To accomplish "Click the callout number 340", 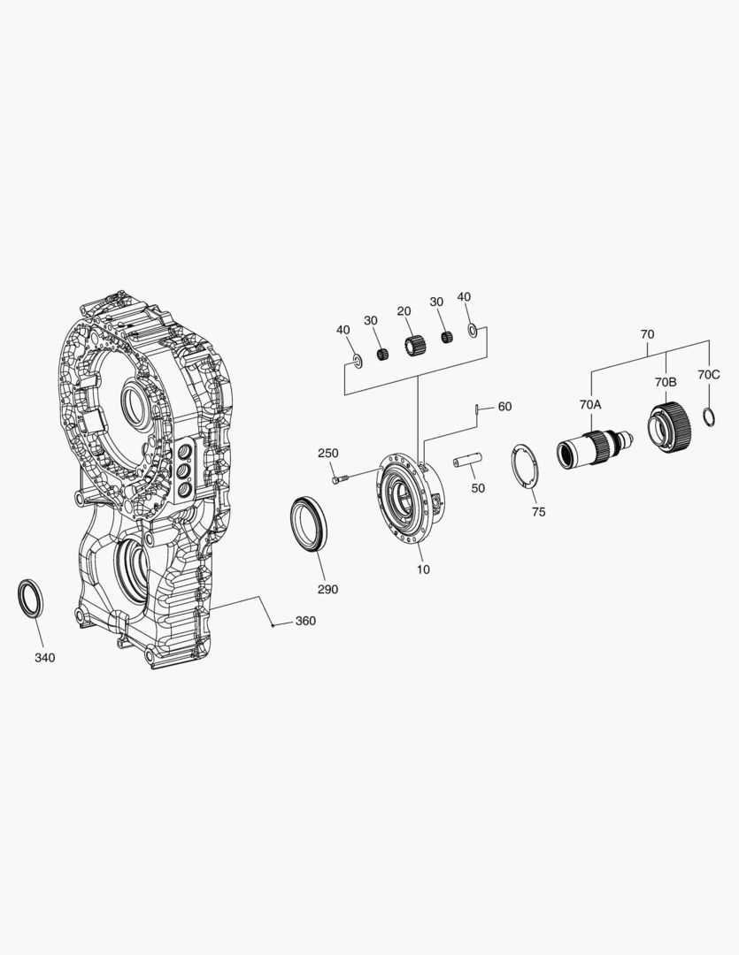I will [x=44, y=658].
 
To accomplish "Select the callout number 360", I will [x=304, y=621].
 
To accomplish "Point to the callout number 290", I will [x=327, y=589].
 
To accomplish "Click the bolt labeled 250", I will [x=341, y=478].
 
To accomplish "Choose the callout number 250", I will [x=327, y=453].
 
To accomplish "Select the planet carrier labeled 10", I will [x=410, y=500].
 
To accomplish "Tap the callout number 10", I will [x=423, y=569].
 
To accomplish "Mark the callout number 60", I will [x=504, y=407].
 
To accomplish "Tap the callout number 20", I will [x=404, y=311].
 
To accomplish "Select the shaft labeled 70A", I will [x=592, y=447].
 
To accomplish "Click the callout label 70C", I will [x=708, y=375].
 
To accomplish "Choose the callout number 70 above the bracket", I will [x=647, y=335].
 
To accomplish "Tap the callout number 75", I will [x=538, y=512].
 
